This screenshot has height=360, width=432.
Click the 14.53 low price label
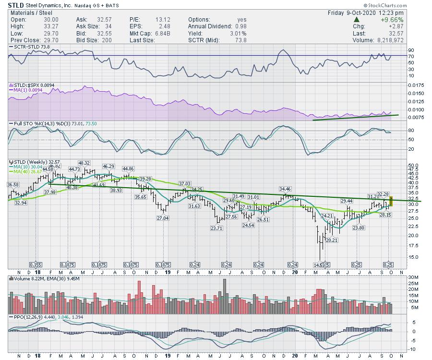(318, 264)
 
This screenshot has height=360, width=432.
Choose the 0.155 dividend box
(36, 264)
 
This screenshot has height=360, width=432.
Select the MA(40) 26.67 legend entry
(24, 171)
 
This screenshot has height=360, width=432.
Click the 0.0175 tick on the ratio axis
(416, 85)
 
